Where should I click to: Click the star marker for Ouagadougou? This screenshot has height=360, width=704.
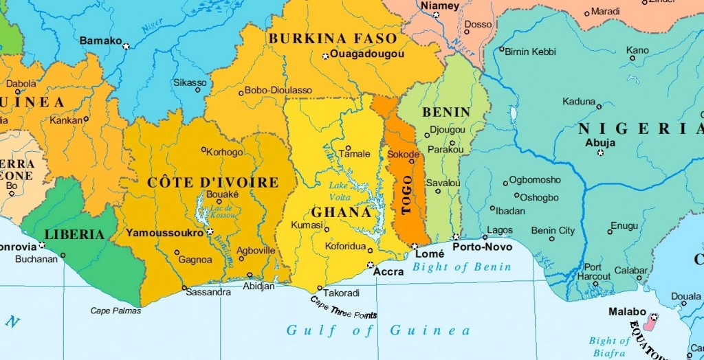[326, 56]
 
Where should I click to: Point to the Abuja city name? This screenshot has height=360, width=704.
[599, 143]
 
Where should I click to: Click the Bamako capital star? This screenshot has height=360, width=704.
[126, 46]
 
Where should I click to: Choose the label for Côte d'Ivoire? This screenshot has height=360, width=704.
[212, 183]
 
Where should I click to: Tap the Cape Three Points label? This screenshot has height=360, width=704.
[343, 307]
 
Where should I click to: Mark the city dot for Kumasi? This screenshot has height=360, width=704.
[319, 234]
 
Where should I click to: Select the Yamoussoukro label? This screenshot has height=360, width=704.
[164, 233]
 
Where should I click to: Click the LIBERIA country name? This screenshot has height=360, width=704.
[74, 234]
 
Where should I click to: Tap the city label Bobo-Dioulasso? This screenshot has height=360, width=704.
[278, 91]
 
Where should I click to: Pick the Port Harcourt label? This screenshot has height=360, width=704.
[597, 272]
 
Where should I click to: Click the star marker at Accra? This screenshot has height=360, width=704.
[371, 265]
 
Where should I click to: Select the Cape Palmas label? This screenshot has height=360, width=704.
[115, 311]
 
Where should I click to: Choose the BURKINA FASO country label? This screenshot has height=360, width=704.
[333, 38]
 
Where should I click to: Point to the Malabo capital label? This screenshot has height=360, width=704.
[627, 312]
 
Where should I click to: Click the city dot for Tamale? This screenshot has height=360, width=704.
[348, 148]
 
